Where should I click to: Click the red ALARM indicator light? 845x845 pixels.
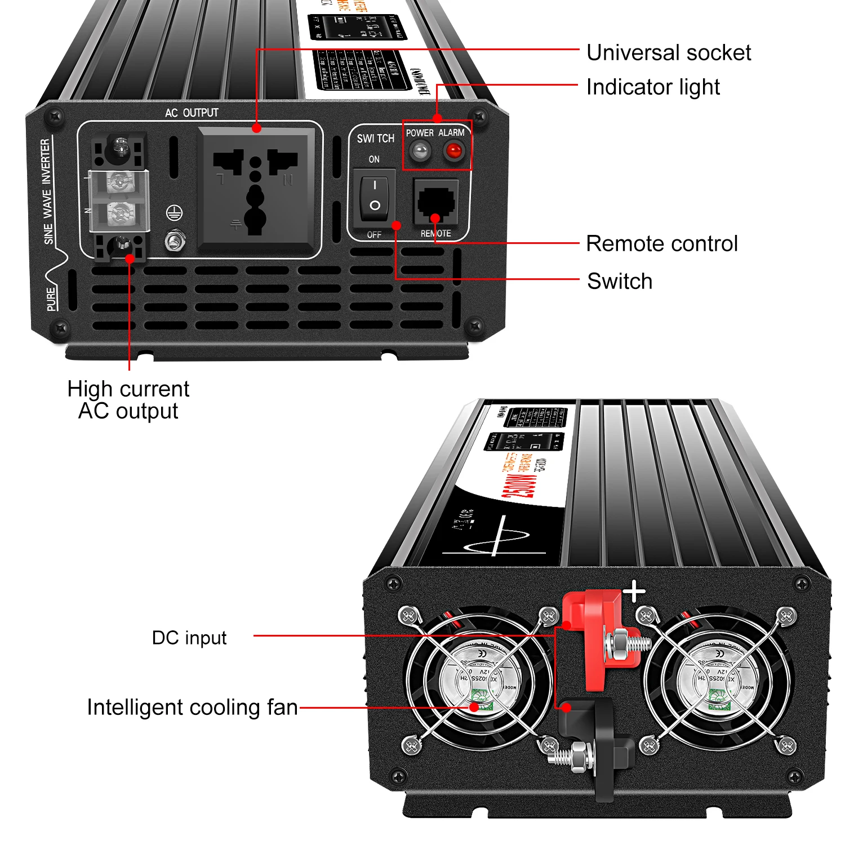(453, 151)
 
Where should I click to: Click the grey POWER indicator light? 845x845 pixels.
(420, 151)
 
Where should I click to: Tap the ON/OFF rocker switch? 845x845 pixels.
(375, 195)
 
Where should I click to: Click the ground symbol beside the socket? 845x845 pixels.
(175, 213)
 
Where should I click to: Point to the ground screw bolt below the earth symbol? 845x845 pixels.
(175, 241)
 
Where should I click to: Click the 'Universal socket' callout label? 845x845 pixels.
(668, 52)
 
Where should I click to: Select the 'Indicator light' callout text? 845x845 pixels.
(652, 87)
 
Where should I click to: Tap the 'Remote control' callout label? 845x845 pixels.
(661, 243)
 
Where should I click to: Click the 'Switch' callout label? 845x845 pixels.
(620, 281)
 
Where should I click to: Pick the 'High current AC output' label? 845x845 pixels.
(128, 400)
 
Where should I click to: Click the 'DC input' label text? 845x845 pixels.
(189, 638)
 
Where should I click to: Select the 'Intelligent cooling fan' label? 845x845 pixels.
(192, 707)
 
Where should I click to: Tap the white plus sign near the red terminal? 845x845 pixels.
(634, 591)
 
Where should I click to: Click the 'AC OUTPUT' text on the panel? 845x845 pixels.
(192, 113)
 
